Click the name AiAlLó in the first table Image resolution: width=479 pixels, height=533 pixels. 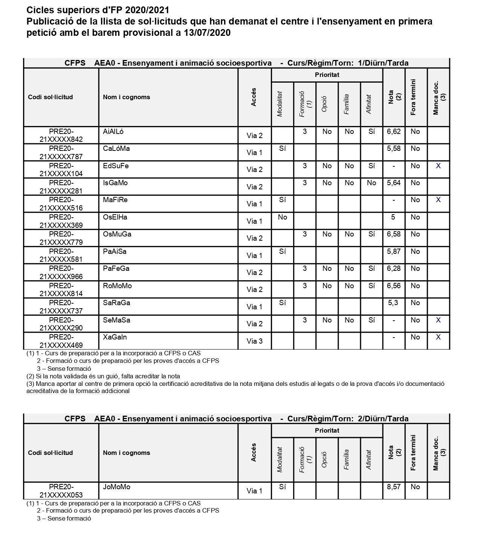click(113, 132)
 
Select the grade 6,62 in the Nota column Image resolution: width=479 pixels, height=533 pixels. click(393, 132)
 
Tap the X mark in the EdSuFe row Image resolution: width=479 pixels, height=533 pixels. click(438, 166)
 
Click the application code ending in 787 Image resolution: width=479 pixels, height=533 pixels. click(61, 152)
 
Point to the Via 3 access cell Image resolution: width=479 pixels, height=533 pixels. click(254, 341)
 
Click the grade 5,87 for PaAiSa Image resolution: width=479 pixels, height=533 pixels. click(393, 252)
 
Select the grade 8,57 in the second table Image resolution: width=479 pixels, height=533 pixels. click(393, 487)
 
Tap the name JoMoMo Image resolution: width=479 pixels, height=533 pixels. click(117, 487)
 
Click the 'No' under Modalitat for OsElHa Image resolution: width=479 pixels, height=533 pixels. click(282, 217)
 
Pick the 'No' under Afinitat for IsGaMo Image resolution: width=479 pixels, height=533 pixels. click(372, 183)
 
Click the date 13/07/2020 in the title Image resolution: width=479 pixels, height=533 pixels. click(207, 33)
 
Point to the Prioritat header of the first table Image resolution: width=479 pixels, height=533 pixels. click(327, 75)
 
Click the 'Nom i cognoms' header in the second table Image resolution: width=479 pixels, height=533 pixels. click(126, 453)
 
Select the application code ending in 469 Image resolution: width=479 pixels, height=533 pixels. click(61, 341)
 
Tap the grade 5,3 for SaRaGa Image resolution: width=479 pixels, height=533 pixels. click(393, 303)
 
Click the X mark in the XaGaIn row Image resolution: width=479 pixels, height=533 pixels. click(438, 337)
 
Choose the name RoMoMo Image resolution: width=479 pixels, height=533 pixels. click(117, 286)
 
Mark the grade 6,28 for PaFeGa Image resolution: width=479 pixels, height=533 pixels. click(393, 269)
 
